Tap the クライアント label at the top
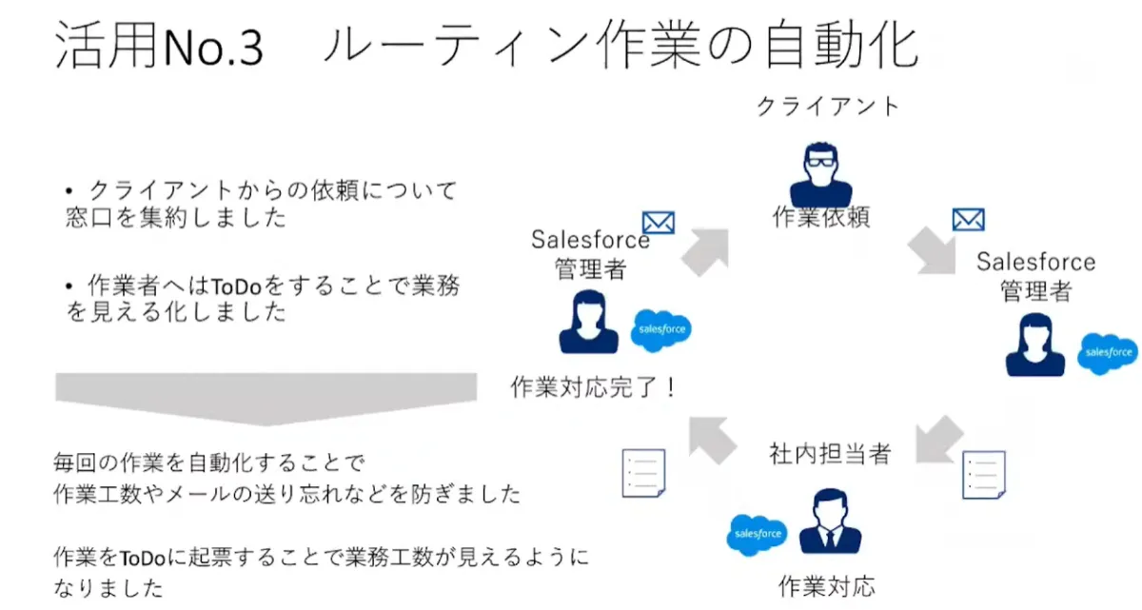(x=827, y=106)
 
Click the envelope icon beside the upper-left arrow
(x=659, y=222)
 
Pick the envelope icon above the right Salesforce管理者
(x=968, y=220)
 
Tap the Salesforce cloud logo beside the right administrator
(x=1108, y=352)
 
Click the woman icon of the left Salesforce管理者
(x=587, y=324)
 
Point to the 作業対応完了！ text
(x=593, y=388)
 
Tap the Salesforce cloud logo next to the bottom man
(x=758, y=534)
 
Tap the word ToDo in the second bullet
(x=232, y=285)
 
